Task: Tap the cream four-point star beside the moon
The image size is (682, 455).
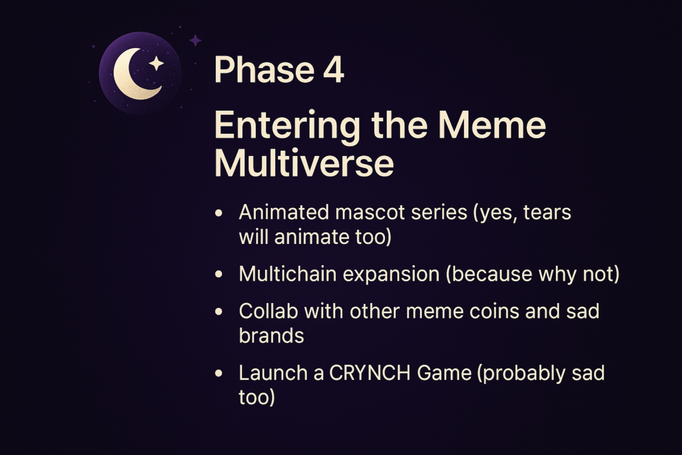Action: (156, 63)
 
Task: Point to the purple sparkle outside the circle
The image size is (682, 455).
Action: (195, 41)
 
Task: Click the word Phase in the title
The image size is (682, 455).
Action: (264, 69)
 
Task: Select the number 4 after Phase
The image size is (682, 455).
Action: (334, 69)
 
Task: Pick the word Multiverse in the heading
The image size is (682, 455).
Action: (304, 163)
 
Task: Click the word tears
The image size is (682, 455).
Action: (547, 213)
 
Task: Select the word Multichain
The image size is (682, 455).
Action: (288, 274)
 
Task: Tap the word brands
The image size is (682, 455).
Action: (272, 336)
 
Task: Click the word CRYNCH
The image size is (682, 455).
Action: (370, 373)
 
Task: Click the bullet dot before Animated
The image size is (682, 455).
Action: (218, 213)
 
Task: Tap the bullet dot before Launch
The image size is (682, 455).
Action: (218, 373)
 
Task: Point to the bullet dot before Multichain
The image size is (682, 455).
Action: (218, 274)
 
